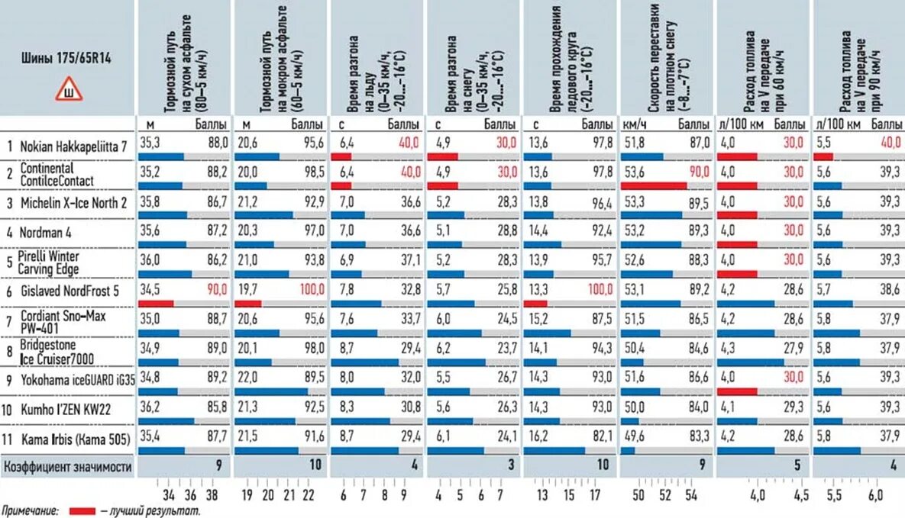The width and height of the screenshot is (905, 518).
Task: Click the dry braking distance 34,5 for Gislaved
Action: (x=150, y=290)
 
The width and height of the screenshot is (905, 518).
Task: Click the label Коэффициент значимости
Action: (x=68, y=465)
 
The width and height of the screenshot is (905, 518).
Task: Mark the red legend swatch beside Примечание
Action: (x=82, y=510)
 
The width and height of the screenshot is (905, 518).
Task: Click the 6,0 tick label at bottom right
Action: (x=875, y=496)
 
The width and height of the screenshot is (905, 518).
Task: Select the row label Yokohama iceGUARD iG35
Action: (x=75, y=378)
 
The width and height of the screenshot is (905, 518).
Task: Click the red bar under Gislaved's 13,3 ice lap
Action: (x=535, y=303)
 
